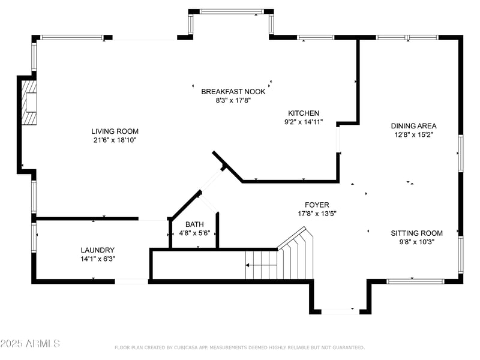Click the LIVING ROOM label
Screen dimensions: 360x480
(115, 131)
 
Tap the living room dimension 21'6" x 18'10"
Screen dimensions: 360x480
(115, 140)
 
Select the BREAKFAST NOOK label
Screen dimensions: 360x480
(233, 92)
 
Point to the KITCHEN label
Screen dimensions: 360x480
(304, 113)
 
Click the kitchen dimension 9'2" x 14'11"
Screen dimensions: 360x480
(304, 122)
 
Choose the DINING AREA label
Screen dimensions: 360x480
(413, 126)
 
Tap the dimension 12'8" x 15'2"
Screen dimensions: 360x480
(413, 135)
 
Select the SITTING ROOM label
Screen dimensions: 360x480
(416, 233)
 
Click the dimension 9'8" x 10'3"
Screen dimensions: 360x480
(416, 242)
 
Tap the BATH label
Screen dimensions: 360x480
(194, 224)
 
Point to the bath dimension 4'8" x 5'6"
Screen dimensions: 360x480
(194, 233)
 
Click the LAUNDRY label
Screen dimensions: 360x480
(97, 250)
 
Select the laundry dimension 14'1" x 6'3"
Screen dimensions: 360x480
(97, 259)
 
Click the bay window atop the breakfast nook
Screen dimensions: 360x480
(231, 11)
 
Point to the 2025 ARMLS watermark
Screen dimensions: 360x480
(30, 344)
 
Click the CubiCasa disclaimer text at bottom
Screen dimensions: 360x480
(239, 347)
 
